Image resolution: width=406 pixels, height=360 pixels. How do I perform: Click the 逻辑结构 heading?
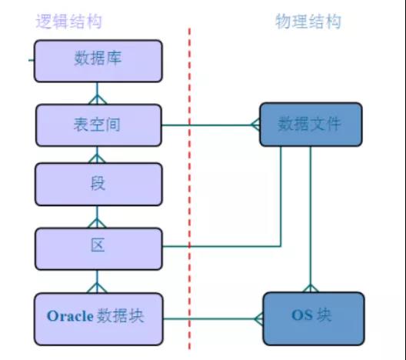[x=68, y=21]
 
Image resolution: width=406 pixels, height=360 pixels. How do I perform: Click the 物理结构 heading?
[x=308, y=22]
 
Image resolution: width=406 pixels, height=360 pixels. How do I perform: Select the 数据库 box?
[x=98, y=61]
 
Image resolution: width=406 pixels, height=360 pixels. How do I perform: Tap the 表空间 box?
[x=98, y=125]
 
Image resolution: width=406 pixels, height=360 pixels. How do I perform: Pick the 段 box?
[x=98, y=184]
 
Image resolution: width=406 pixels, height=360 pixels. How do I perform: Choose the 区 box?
[x=98, y=249]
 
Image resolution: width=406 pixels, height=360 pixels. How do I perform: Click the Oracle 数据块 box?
[x=98, y=319]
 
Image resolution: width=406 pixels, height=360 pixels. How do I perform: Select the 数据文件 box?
[x=311, y=125]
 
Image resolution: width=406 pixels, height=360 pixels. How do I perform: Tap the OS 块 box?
[x=314, y=318]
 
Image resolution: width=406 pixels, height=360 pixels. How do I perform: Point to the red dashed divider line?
[x=189, y=189]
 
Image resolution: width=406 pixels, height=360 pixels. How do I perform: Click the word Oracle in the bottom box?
[x=70, y=316]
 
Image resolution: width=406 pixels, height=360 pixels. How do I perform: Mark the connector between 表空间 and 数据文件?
[x=211, y=125]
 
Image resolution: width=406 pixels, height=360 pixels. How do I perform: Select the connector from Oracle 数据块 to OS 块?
[x=213, y=318]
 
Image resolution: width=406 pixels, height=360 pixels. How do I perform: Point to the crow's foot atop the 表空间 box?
[x=97, y=99]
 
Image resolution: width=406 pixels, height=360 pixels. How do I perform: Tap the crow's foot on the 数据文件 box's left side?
[x=255, y=125]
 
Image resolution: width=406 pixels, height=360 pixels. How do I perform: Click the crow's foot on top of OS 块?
[x=311, y=288]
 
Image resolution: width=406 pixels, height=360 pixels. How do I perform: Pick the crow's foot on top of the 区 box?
[x=97, y=223]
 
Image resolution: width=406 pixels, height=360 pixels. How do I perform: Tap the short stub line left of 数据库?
[x=32, y=60]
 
